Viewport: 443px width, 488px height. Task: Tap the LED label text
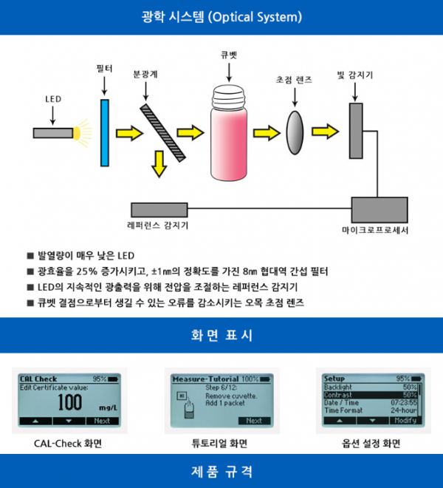click(x=53, y=99)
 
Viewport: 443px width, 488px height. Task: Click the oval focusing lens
click(x=295, y=132)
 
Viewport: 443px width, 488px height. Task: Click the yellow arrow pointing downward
click(x=159, y=163)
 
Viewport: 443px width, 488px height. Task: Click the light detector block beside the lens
click(x=357, y=131)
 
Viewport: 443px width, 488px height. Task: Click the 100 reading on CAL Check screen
click(x=69, y=403)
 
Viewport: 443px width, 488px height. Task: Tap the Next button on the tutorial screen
click(x=253, y=421)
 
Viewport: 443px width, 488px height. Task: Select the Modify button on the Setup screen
click(x=405, y=420)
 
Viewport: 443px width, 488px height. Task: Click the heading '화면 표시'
click(x=221, y=336)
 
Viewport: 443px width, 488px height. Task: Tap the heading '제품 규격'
click(x=221, y=471)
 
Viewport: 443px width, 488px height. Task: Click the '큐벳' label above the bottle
click(x=229, y=55)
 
